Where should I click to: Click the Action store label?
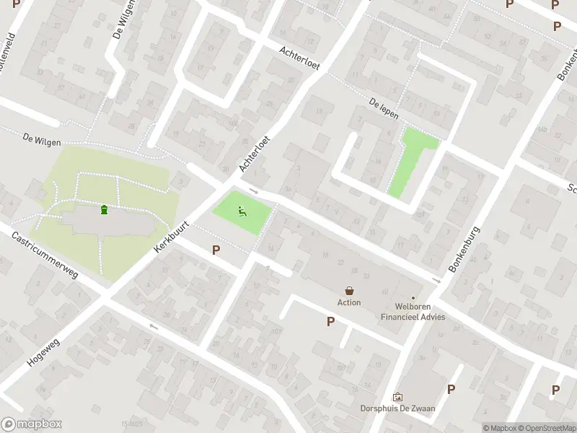pyautogui.click(x=349, y=302)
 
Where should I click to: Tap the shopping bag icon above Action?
pyautogui.click(x=350, y=291)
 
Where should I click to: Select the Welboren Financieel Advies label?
pyautogui.click(x=413, y=312)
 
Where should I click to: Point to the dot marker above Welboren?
pyautogui.click(x=413, y=297)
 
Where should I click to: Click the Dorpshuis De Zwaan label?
pyautogui.click(x=397, y=408)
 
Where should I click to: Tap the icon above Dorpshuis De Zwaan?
pyautogui.click(x=397, y=397)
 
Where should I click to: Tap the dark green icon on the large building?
pyautogui.click(x=105, y=210)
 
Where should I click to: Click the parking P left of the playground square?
pyautogui.click(x=215, y=250)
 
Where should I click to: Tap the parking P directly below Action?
pyautogui.click(x=330, y=322)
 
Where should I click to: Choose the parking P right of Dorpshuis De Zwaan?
pyautogui.click(x=451, y=389)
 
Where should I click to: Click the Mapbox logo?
pyautogui.click(x=32, y=424)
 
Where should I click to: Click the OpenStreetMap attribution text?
pyautogui.click(x=545, y=428)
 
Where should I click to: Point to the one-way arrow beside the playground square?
pyautogui.click(x=253, y=191)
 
